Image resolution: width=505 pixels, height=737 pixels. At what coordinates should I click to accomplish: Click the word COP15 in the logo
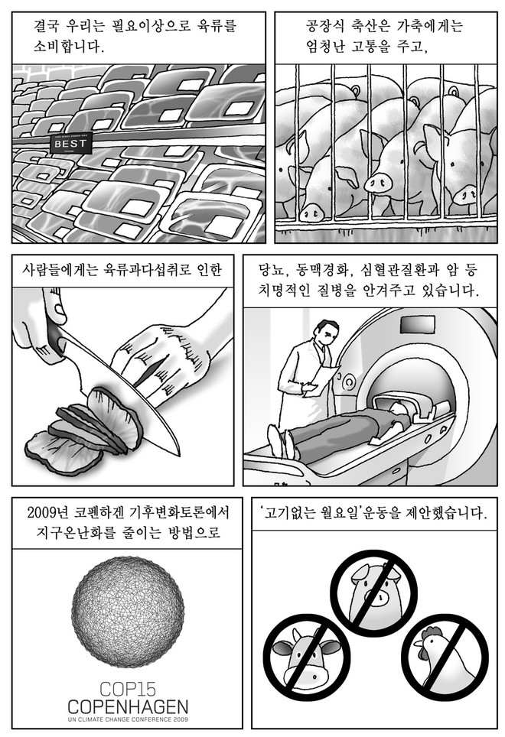click(127, 690)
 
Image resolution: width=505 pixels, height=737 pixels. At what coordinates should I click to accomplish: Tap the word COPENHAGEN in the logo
click(128, 707)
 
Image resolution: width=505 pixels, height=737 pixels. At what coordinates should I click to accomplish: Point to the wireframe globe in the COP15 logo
click(128, 612)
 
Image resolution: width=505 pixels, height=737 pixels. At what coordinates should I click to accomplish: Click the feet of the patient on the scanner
click(282, 441)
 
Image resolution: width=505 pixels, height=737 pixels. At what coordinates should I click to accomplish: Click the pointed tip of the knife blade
click(179, 455)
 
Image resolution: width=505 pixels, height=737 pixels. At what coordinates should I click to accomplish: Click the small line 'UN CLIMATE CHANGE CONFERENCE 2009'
click(128, 719)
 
